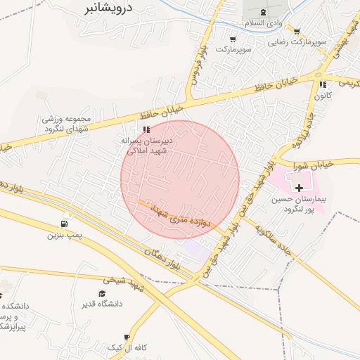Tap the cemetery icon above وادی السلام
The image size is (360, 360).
pyautogui.click(x=263, y=13)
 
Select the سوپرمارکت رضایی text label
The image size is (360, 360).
pyautogui.click(x=297, y=42)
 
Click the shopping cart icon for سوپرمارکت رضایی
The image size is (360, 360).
pyautogui.click(x=297, y=32)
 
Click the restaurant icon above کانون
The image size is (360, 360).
pyautogui.click(x=323, y=84)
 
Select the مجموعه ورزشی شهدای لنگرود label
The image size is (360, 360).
pyautogui.click(x=65, y=124)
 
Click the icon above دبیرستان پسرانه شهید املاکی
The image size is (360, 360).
pyautogui.click(x=146, y=129)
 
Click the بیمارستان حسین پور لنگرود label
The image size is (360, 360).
pyautogui.click(x=300, y=204)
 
